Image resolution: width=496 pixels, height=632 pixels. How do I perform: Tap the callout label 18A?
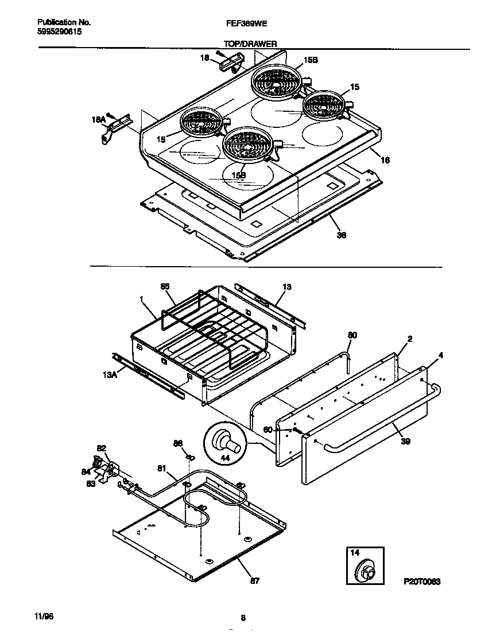[x=99, y=120]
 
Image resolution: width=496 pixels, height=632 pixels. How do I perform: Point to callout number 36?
[x=342, y=235]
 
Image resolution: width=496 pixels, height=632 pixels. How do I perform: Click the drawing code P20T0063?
[x=421, y=582]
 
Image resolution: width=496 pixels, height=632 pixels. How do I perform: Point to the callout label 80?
[x=352, y=335]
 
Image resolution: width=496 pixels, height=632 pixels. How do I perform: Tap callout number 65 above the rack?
[x=165, y=286]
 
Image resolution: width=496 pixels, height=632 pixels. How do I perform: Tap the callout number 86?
[x=178, y=443]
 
